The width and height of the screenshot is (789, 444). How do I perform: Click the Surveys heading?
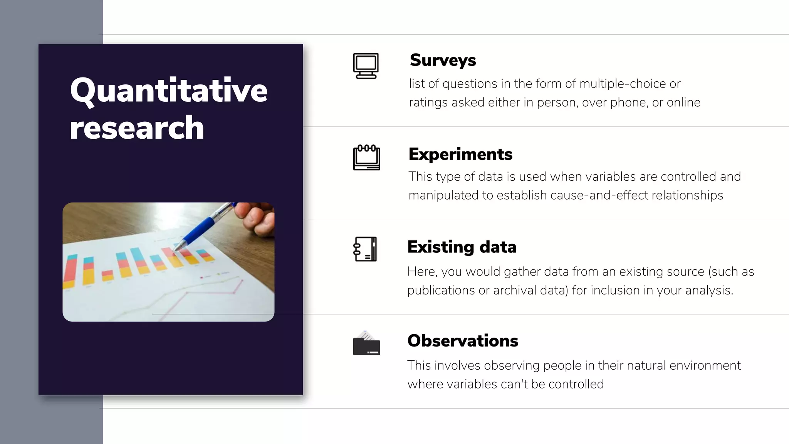click(x=443, y=60)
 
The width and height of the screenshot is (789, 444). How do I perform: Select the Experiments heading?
click(x=460, y=154)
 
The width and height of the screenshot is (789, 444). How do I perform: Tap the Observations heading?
click(x=463, y=341)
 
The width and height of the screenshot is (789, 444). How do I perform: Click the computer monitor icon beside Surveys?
click(x=366, y=66)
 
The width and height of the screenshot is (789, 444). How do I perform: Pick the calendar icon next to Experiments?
click(x=366, y=158)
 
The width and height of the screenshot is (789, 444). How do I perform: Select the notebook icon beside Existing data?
click(x=365, y=249)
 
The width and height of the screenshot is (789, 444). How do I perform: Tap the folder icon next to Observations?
click(x=366, y=343)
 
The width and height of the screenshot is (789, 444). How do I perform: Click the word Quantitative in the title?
click(x=168, y=91)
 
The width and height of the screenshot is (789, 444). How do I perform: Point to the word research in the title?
click(x=137, y=128)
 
